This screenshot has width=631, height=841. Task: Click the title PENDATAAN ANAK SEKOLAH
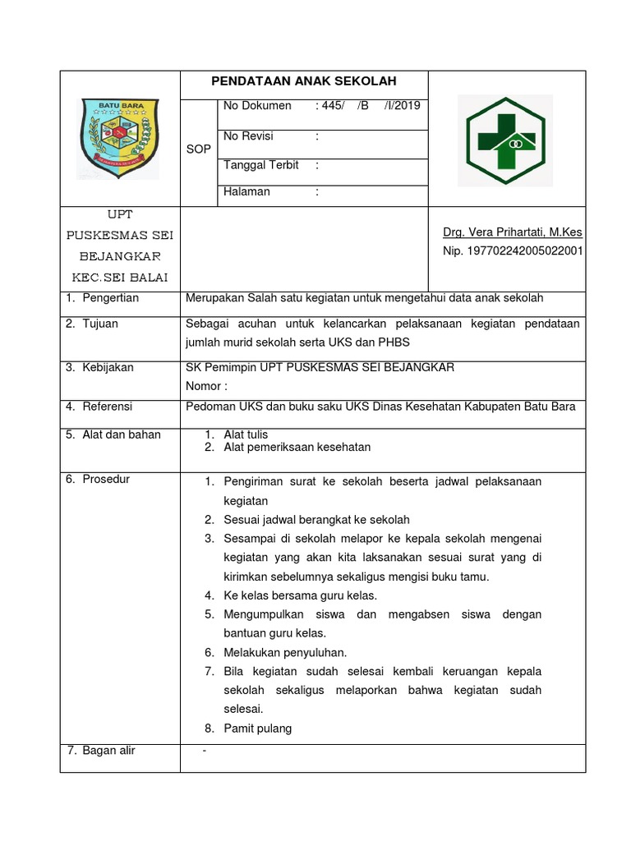[x=304, y=81]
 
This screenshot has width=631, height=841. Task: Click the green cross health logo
[x=504, y=139]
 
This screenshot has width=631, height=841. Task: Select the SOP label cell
[x=199, y=149]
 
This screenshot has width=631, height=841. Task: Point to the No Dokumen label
[x=257, y=106]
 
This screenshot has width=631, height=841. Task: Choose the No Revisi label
[x=248, y=136]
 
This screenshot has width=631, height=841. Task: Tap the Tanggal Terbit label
[x=260, y=166]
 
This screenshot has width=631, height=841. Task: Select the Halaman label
[x=246, y=192]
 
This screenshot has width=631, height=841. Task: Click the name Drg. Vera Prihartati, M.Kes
[x=513, y=233]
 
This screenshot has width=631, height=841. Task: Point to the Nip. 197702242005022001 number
[x=513, y=251]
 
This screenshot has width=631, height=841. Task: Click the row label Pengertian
[x=110, y=298]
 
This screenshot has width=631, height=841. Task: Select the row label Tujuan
[x=99, y=324]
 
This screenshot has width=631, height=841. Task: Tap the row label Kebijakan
[x=107, y=368]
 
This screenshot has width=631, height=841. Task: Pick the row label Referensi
[x=107, y=407]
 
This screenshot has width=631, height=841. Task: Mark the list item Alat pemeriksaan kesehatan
[x=297, y=448]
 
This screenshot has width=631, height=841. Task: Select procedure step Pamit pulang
[x=257, y=728]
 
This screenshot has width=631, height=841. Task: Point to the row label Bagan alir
[x=108, y=751]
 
